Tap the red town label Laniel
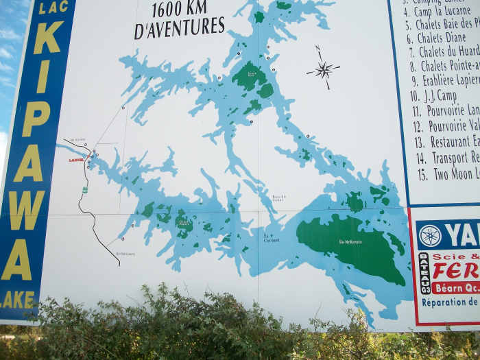coord(75,160)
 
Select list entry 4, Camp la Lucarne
coord(442,11)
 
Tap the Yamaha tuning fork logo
coord(430,235)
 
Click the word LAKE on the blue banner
coord(19,300)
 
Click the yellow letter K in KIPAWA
coord(48,38)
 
